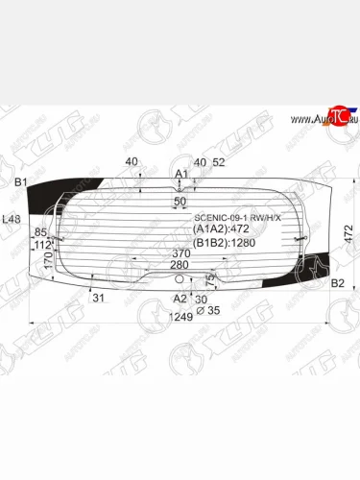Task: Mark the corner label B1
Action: pos(19,181)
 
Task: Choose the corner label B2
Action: pos(337,283)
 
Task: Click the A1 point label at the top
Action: pos(180,174)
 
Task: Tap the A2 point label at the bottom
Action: pos(179,299)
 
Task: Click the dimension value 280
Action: pos(180,265)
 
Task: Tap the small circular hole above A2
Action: pos(180,278)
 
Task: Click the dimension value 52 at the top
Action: pos(218,162)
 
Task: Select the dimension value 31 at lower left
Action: pos(98,298)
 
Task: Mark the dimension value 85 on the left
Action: pos(40,232)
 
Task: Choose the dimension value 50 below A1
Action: pos(180,203)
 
